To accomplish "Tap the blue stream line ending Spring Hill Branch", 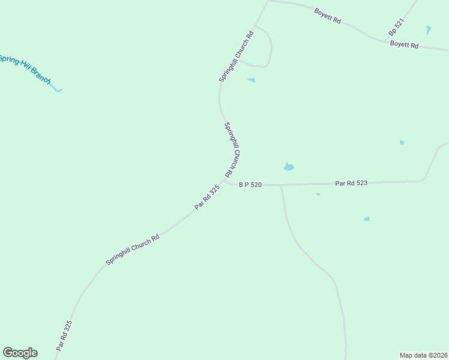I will coord(57,90).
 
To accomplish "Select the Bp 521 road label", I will coord(396,26).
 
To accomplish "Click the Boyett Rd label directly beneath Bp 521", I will coord(404,44).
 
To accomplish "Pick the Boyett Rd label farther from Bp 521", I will coord(328,16).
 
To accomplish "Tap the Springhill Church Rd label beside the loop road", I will coord(236,56).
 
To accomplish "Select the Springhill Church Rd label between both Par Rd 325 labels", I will coord(132,250).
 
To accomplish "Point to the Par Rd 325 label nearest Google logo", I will coord(64,335).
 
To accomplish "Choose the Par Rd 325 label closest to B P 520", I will coord(207,197).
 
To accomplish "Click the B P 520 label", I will coord(250,185).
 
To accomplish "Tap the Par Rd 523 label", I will coord(351,182).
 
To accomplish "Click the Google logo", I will coord(20,353).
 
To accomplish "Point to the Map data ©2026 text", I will coord(424,355).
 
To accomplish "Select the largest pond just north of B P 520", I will coord(289,166).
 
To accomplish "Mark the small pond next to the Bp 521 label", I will coord(428,29).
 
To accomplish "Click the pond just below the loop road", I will coord(251,80).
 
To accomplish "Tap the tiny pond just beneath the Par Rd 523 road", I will coord(318,194).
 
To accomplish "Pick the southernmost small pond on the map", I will coord(366,219).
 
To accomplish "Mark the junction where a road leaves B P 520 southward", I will coord(280,185).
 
